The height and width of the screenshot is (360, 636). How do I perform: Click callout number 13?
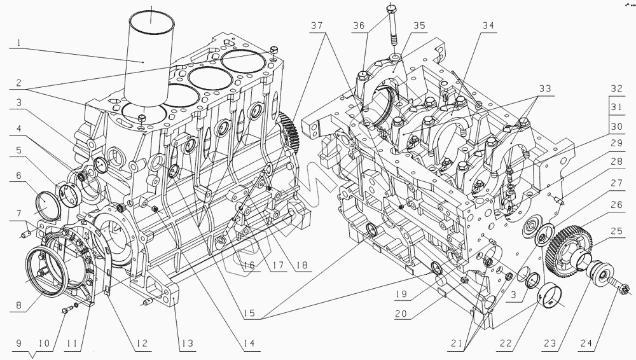186,343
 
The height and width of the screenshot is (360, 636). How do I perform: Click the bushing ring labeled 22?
553,296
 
